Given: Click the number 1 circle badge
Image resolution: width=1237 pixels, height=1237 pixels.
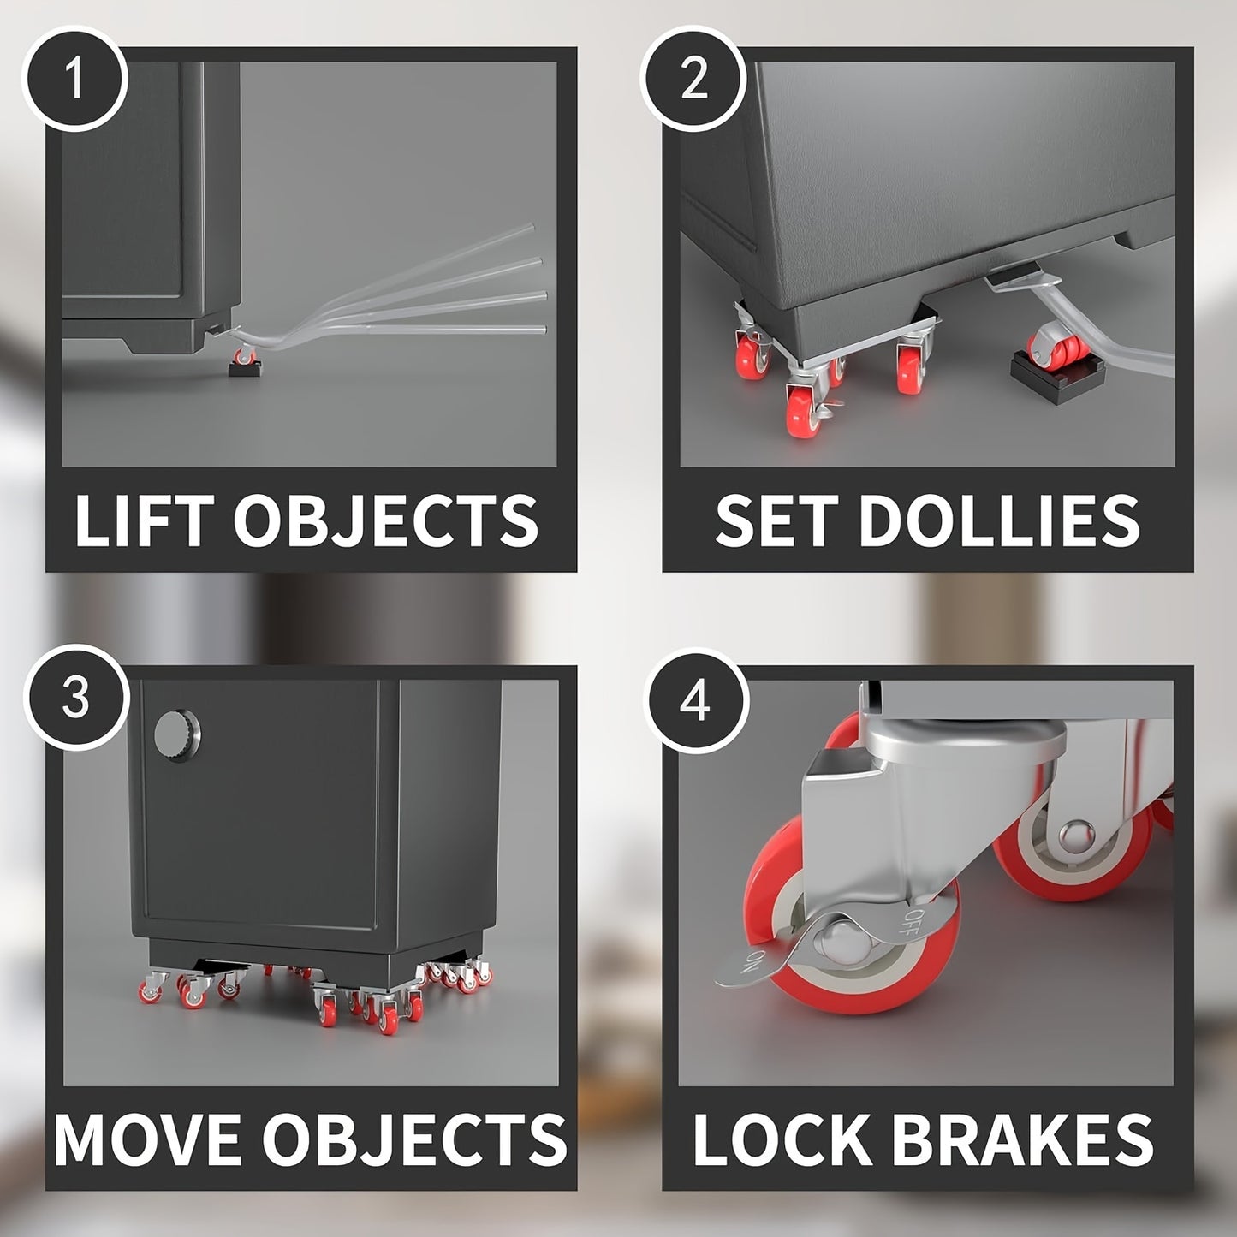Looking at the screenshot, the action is [75, 79].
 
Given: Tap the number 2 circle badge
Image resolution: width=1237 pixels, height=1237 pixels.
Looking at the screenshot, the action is [693, 79].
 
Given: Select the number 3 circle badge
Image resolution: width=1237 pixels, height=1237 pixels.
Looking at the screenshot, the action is [75, 698].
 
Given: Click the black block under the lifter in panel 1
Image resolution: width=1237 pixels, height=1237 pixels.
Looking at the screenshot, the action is [245, 368].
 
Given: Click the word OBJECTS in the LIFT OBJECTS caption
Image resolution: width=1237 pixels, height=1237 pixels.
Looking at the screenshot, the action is [386, 520].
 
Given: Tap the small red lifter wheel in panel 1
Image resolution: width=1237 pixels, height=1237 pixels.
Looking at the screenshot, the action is [245, 355].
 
